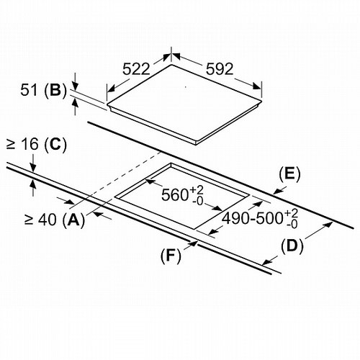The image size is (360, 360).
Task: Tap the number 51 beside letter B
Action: pyautogui.click(x=29, y=90)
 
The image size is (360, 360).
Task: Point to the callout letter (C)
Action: pyautogui.click(x=55, y=144)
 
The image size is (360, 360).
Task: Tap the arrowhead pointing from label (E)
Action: pyautogui.click(x=277, y=191)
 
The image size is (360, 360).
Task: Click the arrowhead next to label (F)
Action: pyautogui.click(x=194, y=244)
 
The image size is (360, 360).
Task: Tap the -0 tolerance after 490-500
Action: pyautogui.click(x=292, y=224)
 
